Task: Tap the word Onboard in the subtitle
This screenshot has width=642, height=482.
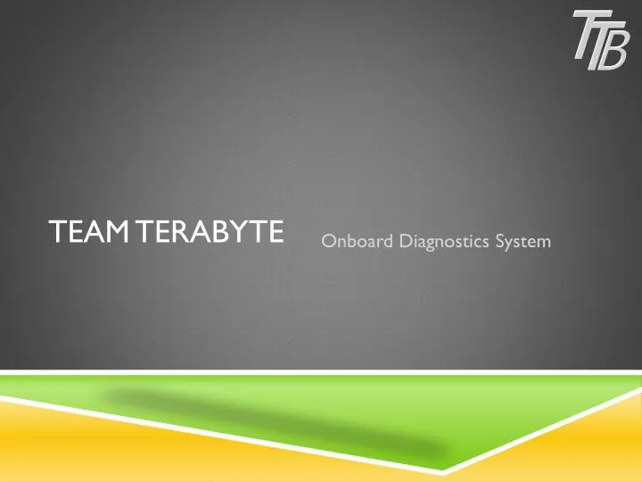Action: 354,238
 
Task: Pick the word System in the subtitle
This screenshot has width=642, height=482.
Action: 523,238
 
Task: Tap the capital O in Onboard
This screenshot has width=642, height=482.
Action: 328,238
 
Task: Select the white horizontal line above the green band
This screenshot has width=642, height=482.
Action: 321,371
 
